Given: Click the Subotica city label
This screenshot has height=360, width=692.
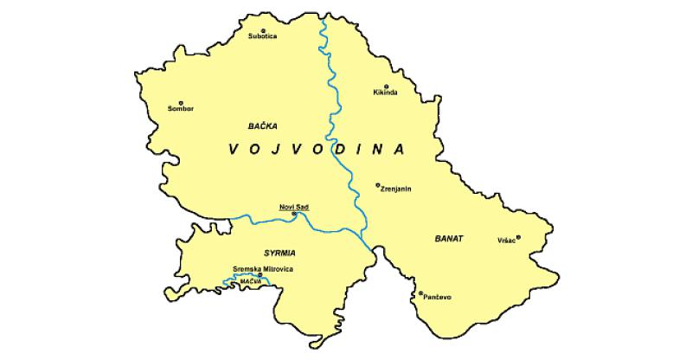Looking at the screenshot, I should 262,37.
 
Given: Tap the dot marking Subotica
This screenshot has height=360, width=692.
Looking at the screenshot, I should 263,30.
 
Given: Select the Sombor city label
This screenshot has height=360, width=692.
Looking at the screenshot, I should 181,109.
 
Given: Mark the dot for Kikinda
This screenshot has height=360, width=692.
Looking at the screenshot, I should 386,86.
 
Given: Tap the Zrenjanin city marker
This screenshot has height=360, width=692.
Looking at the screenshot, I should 377,184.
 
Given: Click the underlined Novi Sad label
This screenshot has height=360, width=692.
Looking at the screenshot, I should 294,206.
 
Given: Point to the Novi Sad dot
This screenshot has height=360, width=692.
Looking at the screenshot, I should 294,214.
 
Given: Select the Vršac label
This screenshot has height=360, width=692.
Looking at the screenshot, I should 506,240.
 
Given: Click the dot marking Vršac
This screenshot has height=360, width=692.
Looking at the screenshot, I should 519,237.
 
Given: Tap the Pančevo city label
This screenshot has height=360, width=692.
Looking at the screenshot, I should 436,298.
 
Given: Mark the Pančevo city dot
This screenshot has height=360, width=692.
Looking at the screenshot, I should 420,293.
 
